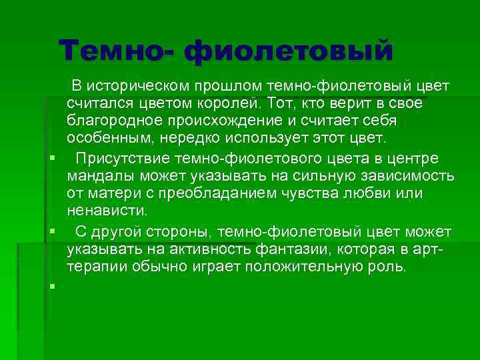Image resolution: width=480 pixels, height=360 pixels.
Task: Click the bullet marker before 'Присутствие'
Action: pyautogui.click(x=50, y=159)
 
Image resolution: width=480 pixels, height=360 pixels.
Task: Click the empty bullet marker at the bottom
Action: pyautogui.click(x=50, y=286)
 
